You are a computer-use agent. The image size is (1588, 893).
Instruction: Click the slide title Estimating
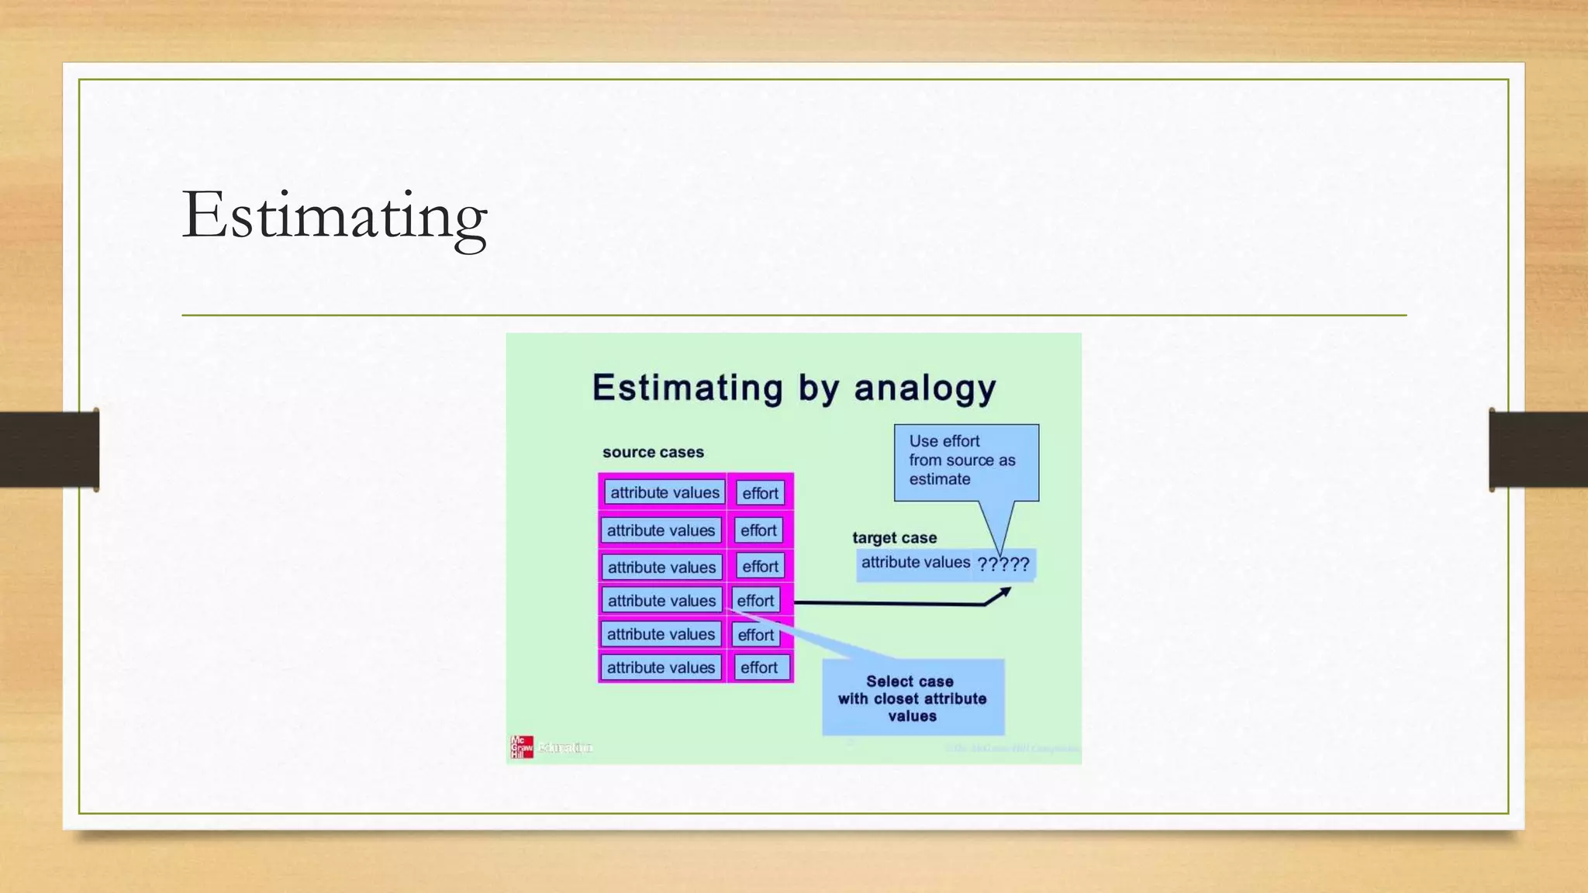[x=334, y=215]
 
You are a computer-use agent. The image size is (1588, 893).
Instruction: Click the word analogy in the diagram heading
[x=924, y=388]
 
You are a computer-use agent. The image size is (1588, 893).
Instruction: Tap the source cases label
[x=653, y=452]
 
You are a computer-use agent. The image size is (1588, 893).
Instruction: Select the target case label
[x=894, y=537]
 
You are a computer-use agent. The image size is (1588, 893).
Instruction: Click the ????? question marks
[x=1003, y=564]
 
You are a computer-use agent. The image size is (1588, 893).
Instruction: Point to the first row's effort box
[x=760, y=493]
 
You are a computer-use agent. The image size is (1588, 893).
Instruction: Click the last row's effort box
[x=758, y=667]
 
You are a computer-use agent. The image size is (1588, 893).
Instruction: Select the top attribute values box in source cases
[x=665, y=492]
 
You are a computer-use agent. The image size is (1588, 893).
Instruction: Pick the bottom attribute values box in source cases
[x=661, y=667]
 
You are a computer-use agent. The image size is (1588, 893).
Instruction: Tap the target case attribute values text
[x=915, y=562]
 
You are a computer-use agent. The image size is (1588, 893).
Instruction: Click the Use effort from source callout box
[x=965, y=461]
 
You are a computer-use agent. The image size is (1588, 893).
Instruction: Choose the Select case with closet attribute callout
[x=913, y=698]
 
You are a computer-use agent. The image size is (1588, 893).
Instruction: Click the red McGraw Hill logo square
[x=521, y=746]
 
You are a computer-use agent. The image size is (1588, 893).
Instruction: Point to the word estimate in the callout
[x=940, y=479]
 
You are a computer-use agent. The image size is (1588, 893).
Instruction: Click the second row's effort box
[x=758, y=530]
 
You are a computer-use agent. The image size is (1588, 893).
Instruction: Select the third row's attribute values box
[x=661, y=567]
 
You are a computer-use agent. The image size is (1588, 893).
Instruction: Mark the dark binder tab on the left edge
[x=49, y=449]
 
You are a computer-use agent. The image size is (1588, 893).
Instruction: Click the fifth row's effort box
[x=755, y=635]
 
